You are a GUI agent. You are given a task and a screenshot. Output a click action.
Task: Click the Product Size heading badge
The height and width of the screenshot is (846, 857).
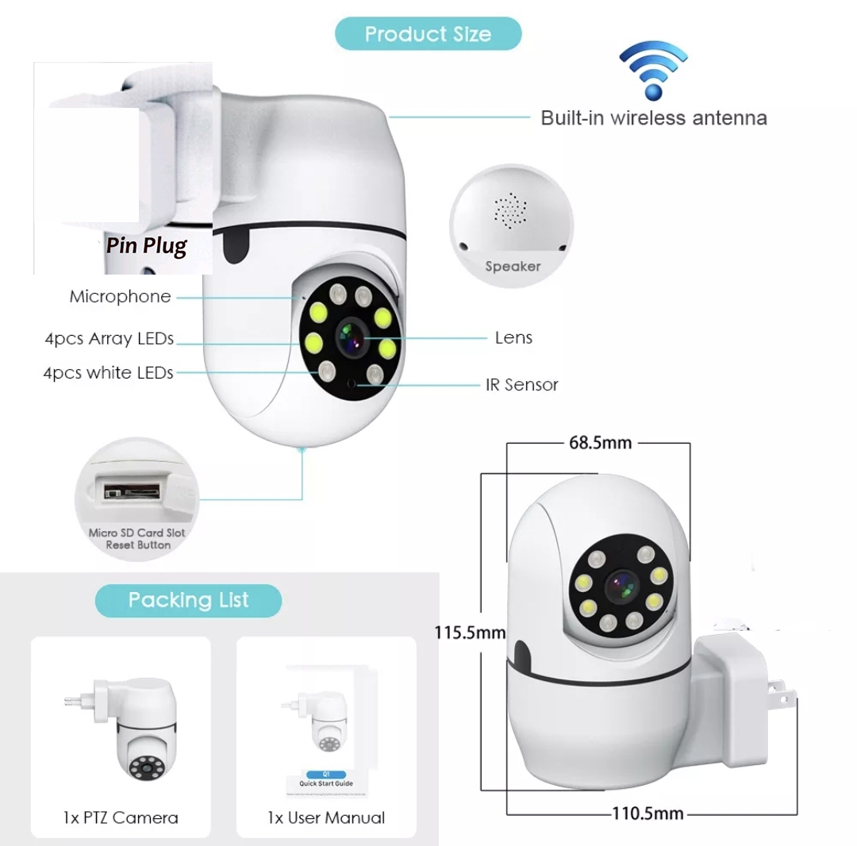pos(428,34)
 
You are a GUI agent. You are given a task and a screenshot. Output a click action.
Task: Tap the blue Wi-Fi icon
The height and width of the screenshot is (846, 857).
pos(653,71)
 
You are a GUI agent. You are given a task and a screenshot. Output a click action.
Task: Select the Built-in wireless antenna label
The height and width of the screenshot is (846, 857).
pos(654,118)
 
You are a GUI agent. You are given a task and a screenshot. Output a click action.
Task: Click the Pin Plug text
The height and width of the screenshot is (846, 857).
pos(147,246)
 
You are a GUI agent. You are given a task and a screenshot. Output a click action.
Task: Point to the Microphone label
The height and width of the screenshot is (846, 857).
pos(121,296)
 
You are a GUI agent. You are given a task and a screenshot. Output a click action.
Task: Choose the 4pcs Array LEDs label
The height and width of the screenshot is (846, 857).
pos(110,339)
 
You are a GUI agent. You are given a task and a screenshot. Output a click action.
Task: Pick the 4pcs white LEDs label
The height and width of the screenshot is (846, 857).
pos(108,373)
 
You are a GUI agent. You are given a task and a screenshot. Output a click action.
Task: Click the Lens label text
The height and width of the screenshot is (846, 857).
pos(513,338)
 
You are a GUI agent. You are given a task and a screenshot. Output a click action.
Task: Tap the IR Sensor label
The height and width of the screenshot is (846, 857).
pos(522,385)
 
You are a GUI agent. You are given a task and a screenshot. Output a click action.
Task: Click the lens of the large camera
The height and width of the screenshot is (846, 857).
pos(350,337)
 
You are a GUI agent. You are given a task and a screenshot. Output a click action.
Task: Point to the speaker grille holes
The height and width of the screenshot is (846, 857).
pos(510,210)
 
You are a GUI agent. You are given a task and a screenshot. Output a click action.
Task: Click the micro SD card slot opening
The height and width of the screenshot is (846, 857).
pos(133,490)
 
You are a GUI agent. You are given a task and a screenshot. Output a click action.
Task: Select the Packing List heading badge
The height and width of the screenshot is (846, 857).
pos(189,601)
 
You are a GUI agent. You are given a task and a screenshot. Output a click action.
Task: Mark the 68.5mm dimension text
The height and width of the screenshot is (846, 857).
pos(600,443)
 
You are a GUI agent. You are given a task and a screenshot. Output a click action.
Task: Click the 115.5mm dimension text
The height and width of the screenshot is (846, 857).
pos(470,633)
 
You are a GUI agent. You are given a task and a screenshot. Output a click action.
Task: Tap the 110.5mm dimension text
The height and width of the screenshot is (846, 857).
pos(648,813)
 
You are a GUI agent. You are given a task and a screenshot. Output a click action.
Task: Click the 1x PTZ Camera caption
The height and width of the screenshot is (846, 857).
pos(121,817)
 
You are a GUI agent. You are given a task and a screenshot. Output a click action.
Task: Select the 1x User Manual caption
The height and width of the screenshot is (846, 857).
pos(326,817)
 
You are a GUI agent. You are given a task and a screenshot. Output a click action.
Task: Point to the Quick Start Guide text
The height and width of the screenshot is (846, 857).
pos(326,783)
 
